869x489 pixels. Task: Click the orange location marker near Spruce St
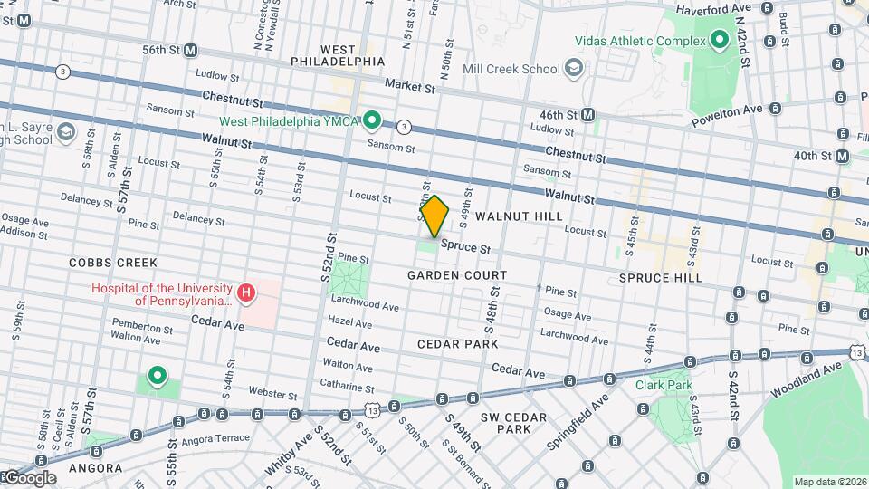[434, 216]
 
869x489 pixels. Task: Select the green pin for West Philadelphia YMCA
[372, 120]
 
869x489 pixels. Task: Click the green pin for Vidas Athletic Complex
[719, 40]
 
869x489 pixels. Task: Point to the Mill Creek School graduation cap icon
[573, 68]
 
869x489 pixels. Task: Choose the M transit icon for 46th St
[588, 114]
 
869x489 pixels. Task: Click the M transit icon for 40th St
[843, 157]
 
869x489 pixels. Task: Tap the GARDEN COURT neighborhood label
[456, 274]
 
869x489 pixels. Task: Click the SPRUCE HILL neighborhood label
[660, 278]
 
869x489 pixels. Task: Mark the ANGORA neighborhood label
[95, 468]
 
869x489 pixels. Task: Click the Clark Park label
[663, 385]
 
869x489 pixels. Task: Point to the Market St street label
[410, 87]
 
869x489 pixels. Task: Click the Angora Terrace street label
[217, 437]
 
